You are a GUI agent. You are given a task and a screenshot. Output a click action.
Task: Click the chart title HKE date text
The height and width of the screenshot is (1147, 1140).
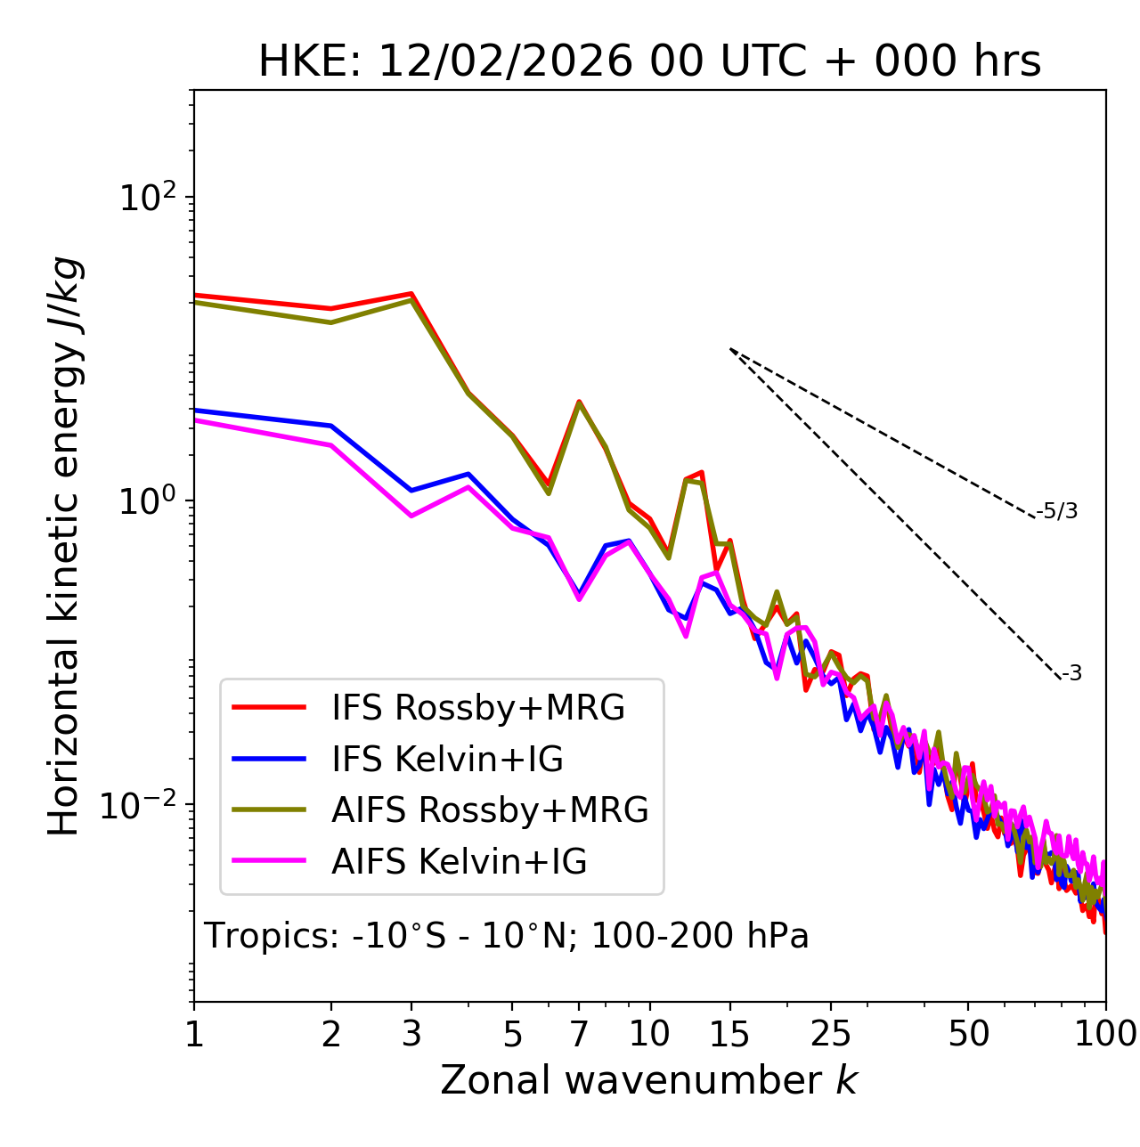pyautogui.click(x=649, y=62)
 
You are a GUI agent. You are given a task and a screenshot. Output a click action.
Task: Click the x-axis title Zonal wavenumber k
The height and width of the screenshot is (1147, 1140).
pyautogui.click(x=648, y=1080)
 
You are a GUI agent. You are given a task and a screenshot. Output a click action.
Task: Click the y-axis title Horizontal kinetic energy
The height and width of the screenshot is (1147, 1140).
pyautogui.click(x=65, y=546)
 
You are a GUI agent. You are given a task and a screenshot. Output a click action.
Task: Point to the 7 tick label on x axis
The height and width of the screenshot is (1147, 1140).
pyautogui.click(x=579, y=1034)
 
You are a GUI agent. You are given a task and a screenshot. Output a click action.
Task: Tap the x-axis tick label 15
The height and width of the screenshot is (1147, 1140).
pyautogui.click(x=729, y=1034)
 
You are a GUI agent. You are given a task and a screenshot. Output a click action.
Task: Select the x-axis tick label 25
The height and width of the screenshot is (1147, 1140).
pyautogui.click(x=831, y=1034)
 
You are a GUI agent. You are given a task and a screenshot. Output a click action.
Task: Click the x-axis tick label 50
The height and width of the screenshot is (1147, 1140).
pyautogui.click(x=968, y=1034)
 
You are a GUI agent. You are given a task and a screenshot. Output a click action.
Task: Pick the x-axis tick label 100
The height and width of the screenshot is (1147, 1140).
pyautogui.click(x=1105, y=1034)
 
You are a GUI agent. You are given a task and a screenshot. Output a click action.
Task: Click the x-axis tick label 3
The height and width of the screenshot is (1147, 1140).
pyautogui.click(x=411, y=1034)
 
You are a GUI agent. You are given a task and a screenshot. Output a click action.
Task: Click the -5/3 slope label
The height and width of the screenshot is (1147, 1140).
pyautogui.click(x=1057, y=512)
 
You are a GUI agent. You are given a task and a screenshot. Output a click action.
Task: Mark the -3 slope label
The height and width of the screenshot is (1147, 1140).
pyautogui.click(x=1071, y=674)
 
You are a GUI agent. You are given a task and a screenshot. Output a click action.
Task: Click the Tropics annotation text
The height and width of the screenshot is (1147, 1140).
pyautogui.click(x=506, y=937)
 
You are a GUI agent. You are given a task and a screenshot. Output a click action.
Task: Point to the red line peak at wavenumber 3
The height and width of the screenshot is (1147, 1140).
pyautogui.click(x=411, y=293)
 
